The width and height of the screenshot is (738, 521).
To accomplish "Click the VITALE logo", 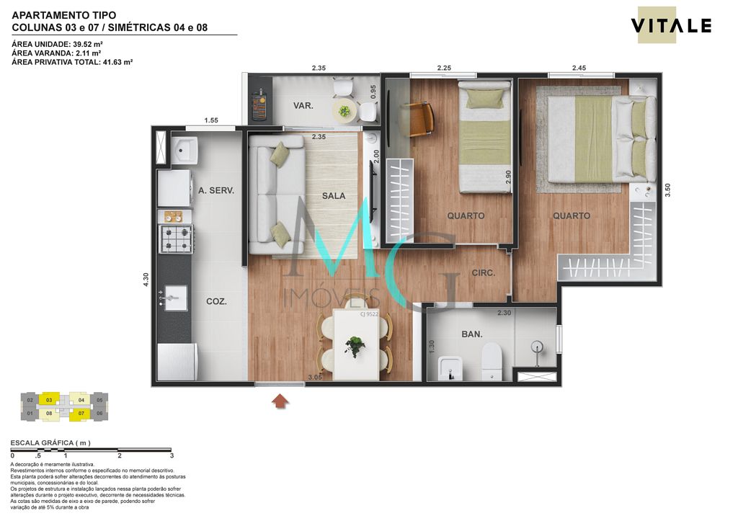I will [x=671, y=26].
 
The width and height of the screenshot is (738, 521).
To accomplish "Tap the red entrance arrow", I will [x=280, y=400].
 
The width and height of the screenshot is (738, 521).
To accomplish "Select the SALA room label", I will [x=334, y=195].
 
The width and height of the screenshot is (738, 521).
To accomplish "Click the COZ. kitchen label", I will [x=215, y=302].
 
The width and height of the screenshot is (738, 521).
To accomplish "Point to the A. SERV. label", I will [x=216, y=191].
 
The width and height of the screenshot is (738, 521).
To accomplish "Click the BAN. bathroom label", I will [x=471, y=334].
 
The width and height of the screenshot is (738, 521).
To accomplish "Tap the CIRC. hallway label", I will [x=483, y=273].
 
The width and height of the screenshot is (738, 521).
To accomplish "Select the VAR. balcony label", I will [x=303, y=106].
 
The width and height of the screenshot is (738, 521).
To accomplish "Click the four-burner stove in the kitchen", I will [x=176, y=239].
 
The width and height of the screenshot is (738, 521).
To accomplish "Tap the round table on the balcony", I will [x=344, y=111].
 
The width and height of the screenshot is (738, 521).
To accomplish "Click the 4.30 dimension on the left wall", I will [x=146, y=280].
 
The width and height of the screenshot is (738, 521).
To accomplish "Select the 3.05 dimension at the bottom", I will [x=315, y=377].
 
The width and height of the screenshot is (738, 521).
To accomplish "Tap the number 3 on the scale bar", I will [x=172, y=455].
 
